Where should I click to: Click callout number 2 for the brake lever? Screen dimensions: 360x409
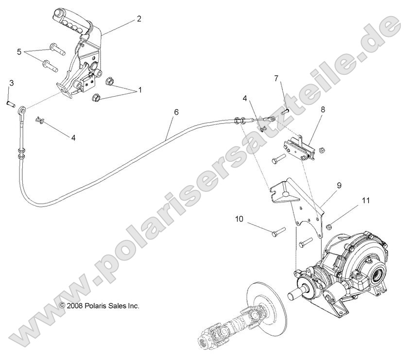139,19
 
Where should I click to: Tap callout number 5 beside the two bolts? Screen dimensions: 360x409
19,51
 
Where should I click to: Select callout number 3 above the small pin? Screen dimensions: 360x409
11,83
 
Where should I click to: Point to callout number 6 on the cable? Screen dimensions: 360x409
163,112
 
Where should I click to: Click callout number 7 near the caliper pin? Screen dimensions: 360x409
276,78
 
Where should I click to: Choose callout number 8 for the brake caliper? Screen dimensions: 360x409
322,110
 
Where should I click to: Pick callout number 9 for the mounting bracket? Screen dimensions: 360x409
339,185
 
